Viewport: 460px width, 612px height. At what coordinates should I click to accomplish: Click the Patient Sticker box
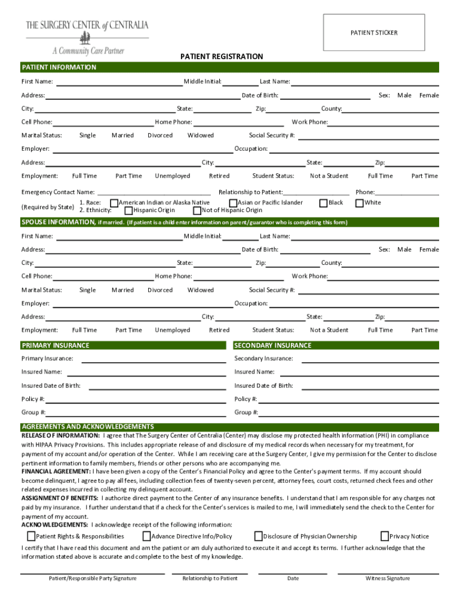(373, 32)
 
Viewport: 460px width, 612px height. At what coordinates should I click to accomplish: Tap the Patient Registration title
(221, 57)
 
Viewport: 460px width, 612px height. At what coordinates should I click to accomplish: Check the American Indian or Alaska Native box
(115, 203)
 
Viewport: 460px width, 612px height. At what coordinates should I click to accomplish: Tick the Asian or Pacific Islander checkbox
(234, 203)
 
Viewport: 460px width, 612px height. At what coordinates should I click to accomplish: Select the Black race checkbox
(324, 203)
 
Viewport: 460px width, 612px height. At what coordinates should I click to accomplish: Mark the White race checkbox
(360, 203)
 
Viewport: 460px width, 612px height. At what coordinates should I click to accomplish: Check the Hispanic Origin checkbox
(128, 210)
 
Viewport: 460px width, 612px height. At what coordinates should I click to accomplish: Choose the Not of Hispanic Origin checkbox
(197, 210)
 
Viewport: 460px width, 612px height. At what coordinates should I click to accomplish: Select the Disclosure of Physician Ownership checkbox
(259, 536)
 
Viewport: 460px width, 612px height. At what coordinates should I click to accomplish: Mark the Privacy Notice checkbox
(385, 536)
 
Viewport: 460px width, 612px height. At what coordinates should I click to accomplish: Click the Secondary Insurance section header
(273, 345)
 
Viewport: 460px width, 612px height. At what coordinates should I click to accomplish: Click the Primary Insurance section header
(56, 345)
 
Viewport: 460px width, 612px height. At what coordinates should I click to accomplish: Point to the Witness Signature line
(388, 573)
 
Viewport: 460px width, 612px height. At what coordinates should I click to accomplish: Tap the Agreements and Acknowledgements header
(88, 427)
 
